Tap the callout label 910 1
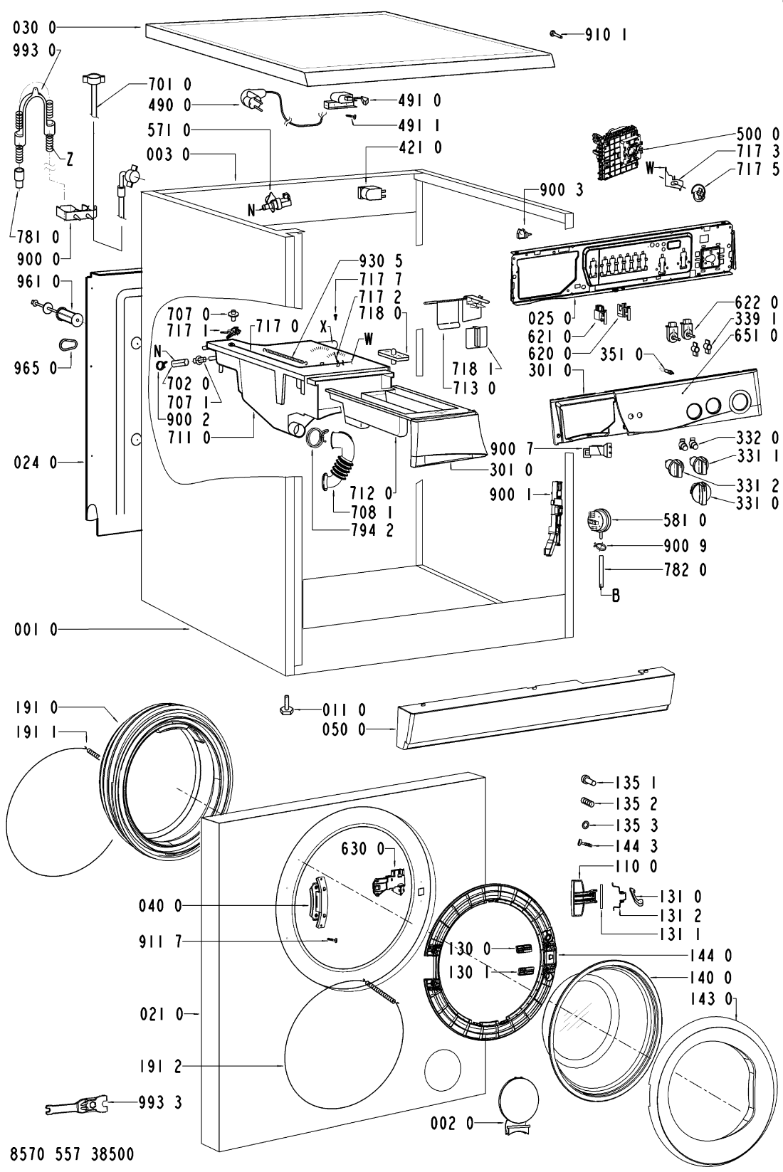tap(606, 33)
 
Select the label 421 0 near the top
tap(420, 147)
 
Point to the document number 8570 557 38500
tap(68, 1153)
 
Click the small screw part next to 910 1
tap(558, 33)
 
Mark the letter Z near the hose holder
tap(69, 160)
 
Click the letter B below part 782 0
tap(616, 596)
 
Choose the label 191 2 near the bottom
tap(161, 1066)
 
